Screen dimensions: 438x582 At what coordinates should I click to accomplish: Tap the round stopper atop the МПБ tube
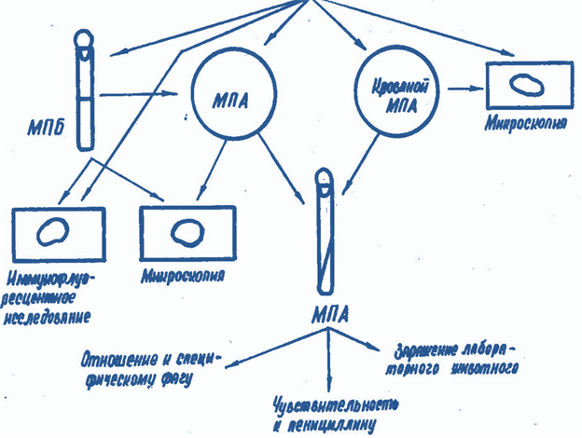point(84,40)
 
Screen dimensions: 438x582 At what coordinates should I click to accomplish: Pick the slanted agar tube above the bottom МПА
point(326,230)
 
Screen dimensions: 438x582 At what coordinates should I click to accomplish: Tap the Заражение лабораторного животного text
point(454,360)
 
